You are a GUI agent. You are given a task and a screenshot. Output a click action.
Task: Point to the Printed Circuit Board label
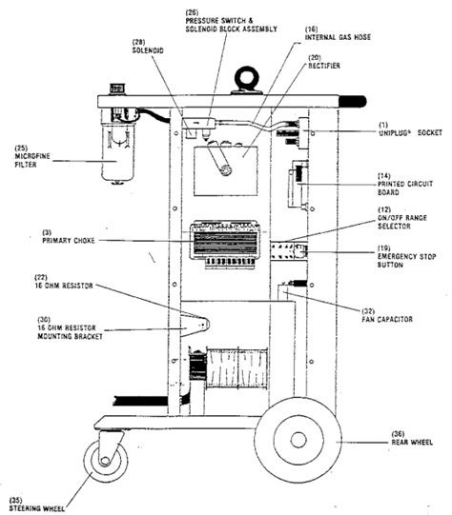pyautogui.click(x=400, y=184)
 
